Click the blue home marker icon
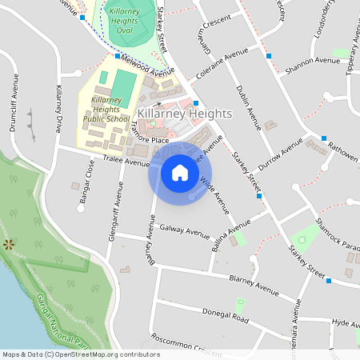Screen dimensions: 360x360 pos(180,173)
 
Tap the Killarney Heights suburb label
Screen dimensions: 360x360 pos(184,114)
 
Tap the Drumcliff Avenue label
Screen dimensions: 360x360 pos(14,102)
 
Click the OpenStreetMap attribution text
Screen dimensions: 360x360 pos(81,354)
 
